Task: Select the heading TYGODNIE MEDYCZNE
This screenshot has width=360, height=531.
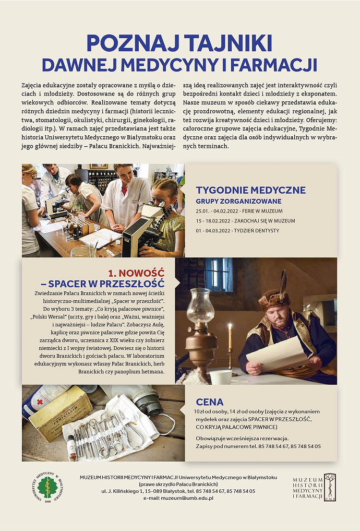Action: point(250,190)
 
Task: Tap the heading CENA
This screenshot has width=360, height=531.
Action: point(209,402)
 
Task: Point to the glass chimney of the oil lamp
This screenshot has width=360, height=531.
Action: point(200,307)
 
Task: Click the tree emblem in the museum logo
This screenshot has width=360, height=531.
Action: point(330,486)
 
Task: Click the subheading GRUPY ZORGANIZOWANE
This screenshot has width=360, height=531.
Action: point(238,201)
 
